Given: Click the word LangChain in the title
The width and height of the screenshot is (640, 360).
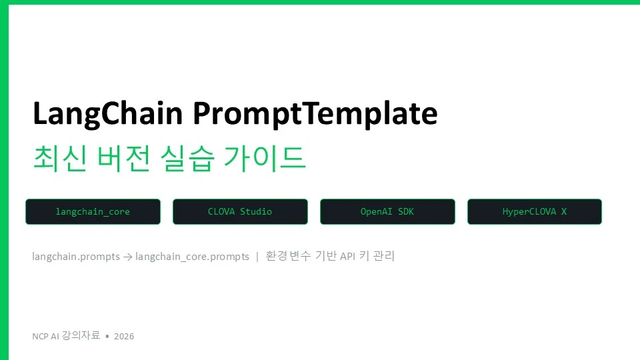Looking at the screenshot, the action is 107,114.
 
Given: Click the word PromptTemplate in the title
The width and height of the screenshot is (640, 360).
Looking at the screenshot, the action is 315,114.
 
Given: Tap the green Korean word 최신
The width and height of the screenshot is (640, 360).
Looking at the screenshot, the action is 59,158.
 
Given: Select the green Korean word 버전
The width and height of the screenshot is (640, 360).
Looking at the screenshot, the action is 123,158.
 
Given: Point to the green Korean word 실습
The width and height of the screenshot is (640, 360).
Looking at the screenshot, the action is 187,158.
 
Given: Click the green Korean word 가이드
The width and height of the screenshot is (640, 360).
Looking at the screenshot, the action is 265,158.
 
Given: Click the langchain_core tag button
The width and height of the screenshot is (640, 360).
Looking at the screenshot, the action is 93,211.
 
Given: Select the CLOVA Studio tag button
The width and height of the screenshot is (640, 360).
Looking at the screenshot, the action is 240,211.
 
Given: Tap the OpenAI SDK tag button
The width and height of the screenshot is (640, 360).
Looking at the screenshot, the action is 387,211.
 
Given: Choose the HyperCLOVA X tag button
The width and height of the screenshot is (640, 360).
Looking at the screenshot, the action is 535,211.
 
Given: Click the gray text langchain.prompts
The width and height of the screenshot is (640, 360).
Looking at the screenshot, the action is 76,257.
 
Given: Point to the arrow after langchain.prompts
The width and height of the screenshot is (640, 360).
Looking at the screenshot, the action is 128,257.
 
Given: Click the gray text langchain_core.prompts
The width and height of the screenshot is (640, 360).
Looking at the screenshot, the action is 192,257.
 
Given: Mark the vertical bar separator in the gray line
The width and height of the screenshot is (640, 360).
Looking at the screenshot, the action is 257,257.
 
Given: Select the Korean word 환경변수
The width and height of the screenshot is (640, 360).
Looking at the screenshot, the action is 288,256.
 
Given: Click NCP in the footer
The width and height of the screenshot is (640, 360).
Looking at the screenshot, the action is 40,336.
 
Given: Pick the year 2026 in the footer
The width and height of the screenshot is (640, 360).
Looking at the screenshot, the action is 124,336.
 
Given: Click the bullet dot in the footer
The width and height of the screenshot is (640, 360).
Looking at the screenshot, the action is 107,336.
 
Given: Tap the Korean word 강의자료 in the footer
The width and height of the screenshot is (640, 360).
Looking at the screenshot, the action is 81,335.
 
